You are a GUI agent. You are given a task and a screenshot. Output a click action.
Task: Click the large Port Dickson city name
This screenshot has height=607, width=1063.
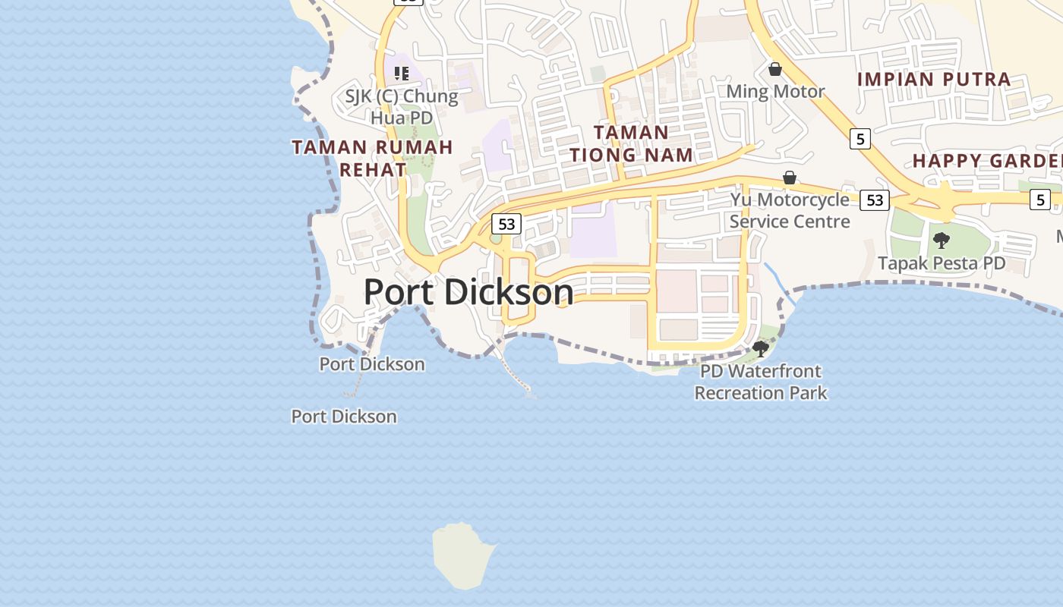pos(468,291)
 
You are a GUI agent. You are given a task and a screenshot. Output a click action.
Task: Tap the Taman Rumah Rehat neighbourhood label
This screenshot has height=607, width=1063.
pos(372,158)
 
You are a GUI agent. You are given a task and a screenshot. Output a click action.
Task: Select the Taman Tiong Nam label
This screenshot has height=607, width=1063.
pos(632,143)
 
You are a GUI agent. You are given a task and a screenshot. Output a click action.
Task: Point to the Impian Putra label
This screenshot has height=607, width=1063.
pos(934,79)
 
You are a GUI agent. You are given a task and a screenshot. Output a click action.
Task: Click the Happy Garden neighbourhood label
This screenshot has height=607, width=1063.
pos(987,161)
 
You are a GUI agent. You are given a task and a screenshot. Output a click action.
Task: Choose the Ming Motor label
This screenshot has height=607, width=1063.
pos(775,92)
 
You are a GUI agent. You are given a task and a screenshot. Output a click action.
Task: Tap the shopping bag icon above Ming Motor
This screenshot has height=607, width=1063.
pos(775,70)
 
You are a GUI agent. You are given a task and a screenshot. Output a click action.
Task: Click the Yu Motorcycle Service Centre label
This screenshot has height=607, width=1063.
pos(790,210)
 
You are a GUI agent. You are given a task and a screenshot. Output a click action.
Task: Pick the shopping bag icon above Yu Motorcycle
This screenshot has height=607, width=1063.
pos(790,178)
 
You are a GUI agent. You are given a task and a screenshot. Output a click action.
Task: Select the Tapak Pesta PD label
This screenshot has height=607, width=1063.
pos(942,263)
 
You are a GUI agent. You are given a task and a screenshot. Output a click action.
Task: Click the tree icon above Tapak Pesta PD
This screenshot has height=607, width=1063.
pos(942,241)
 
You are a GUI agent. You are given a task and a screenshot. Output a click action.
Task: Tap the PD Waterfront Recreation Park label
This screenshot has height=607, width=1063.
pos(761,382)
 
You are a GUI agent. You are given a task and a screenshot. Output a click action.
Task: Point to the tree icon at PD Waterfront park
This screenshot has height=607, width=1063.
pos(760,349)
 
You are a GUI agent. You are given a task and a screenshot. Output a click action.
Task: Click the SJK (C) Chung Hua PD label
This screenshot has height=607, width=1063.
pos(402,107)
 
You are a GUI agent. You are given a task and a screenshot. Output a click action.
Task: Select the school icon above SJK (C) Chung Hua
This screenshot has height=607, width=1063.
pos(402,74)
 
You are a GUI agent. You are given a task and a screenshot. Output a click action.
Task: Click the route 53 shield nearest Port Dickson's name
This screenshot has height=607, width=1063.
pos(506,224)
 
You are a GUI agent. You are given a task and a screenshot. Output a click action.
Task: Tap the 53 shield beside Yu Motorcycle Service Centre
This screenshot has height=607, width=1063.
pos(875,200)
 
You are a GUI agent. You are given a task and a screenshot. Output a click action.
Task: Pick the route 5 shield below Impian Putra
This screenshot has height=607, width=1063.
pos(860,139)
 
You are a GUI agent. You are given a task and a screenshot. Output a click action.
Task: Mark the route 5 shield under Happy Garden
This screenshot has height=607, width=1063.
pos(1040,200)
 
